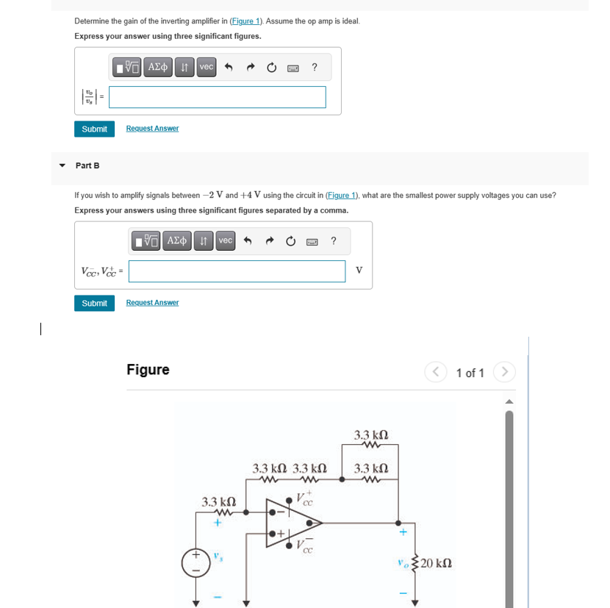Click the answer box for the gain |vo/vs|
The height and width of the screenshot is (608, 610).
click(x=218, y=97)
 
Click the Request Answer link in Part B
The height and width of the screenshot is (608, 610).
click(x=152, y=303)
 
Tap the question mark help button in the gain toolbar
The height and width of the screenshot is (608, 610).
click(x=315, y=68)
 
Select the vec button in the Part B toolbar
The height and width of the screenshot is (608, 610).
click(x=226, y=241)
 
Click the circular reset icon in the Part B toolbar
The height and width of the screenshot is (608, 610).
click(x=291, y=241)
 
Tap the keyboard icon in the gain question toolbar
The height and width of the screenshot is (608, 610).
click(x=293, y=68)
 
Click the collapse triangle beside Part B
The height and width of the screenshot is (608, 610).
click(x=62, y=165)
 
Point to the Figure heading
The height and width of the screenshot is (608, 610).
click(x=148, y=370)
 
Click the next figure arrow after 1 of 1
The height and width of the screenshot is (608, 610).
click(x=503, y=373)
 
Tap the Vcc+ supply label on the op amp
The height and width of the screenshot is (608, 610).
click(x=304, y=499)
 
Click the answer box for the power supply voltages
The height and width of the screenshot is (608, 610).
click(x=237, y=271)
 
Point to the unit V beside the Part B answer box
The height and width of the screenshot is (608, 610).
click(x=359, y=271)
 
